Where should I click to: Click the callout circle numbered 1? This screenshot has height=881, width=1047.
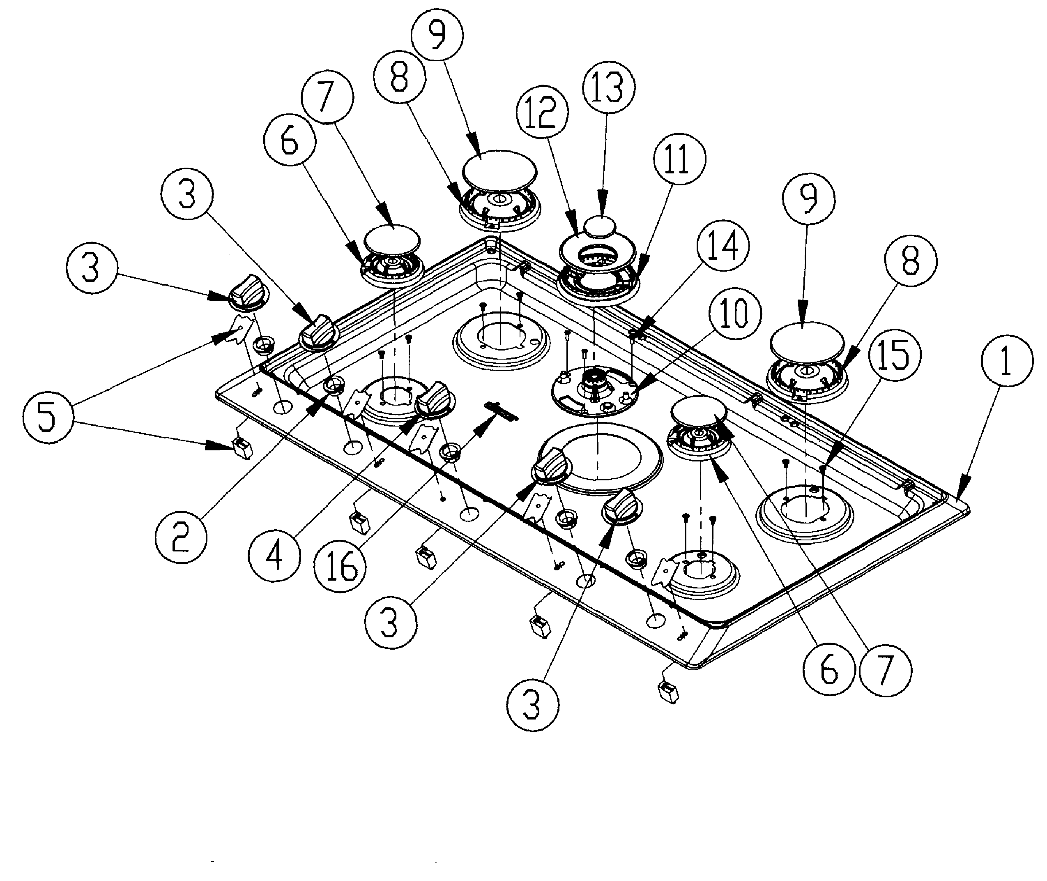pos(1007,361)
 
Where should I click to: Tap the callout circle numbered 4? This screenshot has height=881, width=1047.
pos(274,556)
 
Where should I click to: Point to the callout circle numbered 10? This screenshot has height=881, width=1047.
pos(735,314)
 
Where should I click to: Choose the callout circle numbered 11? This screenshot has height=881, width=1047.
pos(679,159)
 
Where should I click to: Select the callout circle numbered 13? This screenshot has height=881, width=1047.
pos(609,87)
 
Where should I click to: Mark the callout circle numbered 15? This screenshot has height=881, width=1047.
pos(895,354)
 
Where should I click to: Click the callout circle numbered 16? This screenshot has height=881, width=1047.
pos(340,566)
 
